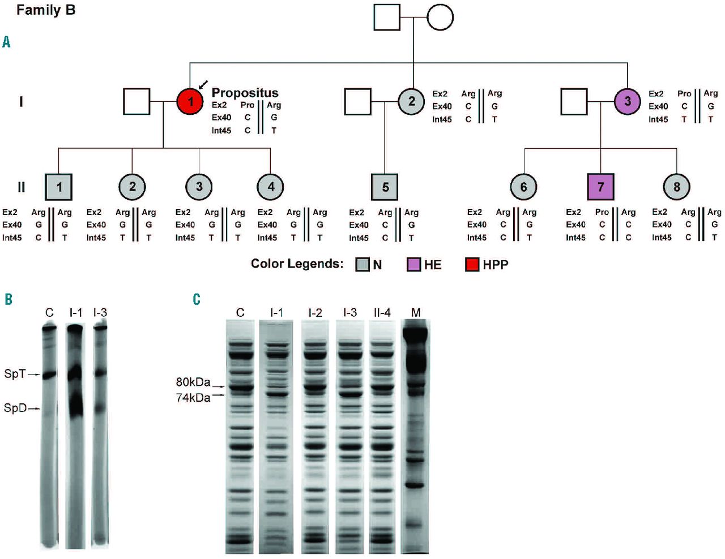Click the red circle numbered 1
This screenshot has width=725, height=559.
tap(190, 102)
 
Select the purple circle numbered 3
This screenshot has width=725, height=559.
tap(628, 102)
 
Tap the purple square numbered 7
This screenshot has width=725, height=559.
tap(600, 187)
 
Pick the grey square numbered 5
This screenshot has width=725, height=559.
tap(385, 187)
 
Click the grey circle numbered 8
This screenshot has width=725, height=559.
tap(676, 187)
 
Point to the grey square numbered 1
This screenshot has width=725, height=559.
tap(59, 187)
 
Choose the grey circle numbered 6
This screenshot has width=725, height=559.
tap(523, 187)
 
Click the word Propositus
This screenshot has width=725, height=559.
tap(245, 93)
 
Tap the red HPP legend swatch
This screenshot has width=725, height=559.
tap(472, 264)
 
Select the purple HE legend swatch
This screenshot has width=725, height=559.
tap(414, 264)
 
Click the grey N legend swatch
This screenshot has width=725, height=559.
tap(362, 264)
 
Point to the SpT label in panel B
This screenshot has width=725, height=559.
tap(15, 374)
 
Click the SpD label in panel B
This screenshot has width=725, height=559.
tap(15, 408)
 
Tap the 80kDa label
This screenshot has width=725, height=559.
tap(193, 382)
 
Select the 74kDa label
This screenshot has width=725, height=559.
tap(193, 398)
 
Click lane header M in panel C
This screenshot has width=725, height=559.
tap(416, 312)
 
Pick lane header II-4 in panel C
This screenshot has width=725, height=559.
tap(382, 312)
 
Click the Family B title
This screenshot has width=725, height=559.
tap(46, 10)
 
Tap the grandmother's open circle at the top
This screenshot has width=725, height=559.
tap(440, 18)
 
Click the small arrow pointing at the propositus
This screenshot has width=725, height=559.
tap(203, 84)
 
